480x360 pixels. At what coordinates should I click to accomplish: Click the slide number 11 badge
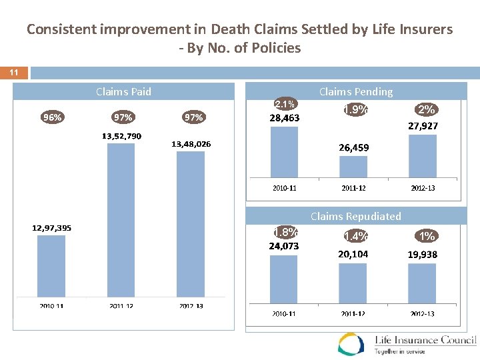pos(14,72)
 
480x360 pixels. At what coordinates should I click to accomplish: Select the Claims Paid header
pos(123,91)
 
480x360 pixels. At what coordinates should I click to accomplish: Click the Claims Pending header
pos(355,91)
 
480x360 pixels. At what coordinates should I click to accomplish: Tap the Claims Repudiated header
pos(355,216)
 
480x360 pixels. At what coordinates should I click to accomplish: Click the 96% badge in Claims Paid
pos(52,117)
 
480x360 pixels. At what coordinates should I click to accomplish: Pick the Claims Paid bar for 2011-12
pos(121,220)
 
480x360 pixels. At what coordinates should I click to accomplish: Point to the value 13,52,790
pos(121,136)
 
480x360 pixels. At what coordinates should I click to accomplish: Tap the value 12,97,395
pos(52,228)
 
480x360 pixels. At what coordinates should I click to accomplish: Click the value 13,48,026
pos(191,144)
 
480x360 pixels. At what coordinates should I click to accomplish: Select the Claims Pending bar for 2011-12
pos(353,167)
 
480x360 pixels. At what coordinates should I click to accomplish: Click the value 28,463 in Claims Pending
pos(285,118)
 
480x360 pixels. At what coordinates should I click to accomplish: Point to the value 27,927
pos(423,125)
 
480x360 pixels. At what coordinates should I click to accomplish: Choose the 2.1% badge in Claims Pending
pos(285,104)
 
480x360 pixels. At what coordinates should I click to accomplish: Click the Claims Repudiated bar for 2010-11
pos(284,279)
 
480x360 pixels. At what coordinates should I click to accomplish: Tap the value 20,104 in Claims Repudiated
pos(353,254)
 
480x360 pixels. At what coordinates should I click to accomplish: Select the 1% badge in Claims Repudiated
pos(427,235)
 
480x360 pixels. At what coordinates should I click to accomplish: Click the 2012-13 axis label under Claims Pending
pos(423,188)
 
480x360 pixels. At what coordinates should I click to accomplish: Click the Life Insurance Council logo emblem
pos(351,343)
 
